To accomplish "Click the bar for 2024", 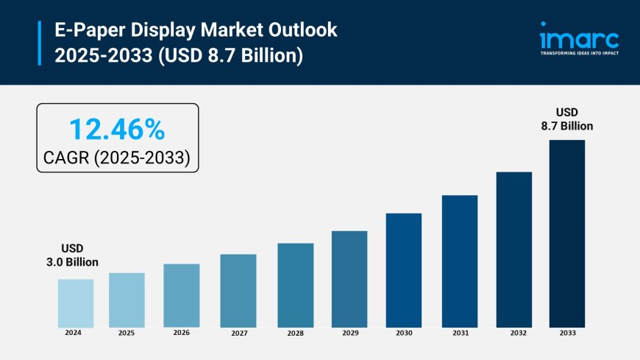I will coord(76,303).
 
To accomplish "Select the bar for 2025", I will coord(127,300).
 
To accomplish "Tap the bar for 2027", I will coord(238,291).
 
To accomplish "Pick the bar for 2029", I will coord(349,279).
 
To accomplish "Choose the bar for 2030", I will coord(404,270).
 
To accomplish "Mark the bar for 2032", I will coord(514,250).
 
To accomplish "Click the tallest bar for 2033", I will coord(567,233).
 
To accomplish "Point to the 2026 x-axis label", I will coord(182,333).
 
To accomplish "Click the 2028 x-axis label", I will coord(295,333).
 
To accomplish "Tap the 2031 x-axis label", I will coord(460,333).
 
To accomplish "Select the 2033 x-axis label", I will coord(567,333).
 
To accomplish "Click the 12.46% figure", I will coord(117,130).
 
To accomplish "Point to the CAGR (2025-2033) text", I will coord(117,157).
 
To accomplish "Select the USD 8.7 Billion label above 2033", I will coord(568,119).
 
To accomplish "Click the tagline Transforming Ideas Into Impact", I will coord(579,53).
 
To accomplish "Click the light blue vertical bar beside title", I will coord(39,43).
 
